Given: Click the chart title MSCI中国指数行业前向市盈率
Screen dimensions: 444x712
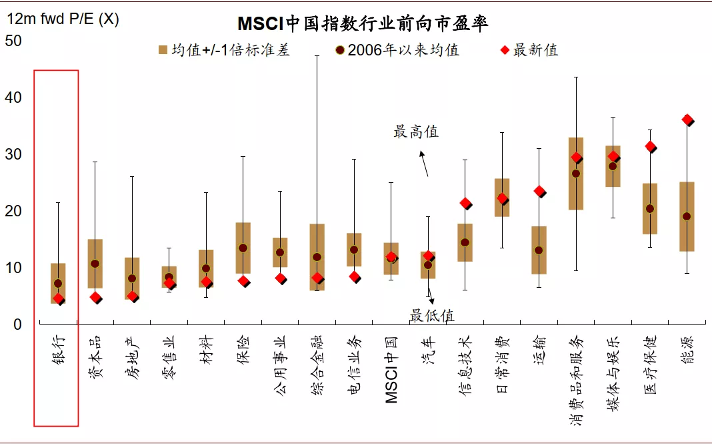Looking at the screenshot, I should (x=363, y=24).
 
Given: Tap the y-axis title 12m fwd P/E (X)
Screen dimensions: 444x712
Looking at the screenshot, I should (x=63, y=19).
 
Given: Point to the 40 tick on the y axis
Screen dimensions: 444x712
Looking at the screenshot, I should (x=13, y=97).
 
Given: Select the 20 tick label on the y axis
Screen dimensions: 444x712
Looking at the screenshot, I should (x=13, y=211).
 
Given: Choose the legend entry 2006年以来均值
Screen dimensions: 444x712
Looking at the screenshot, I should (x=397, y=50).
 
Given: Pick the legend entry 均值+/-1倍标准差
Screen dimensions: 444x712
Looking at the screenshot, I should (x=223, y=50).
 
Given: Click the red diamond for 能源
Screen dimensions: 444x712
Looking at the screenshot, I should (x=687, y=120).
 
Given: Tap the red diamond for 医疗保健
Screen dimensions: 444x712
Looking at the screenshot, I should (x=650, y=147).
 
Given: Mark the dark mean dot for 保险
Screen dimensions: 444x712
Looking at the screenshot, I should (x=243, y=248).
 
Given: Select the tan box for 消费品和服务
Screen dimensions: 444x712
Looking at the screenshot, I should (x=576, y=174).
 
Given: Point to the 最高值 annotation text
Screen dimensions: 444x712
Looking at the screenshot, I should (x=416, y=132).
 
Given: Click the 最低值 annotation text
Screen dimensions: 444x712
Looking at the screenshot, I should (x=432, y=315).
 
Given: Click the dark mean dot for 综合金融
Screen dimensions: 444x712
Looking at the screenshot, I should (x=317, y=256).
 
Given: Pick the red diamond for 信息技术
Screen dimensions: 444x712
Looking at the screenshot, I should (x=465, y=204).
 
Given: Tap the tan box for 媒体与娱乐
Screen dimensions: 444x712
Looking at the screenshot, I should (x=613, y=166).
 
